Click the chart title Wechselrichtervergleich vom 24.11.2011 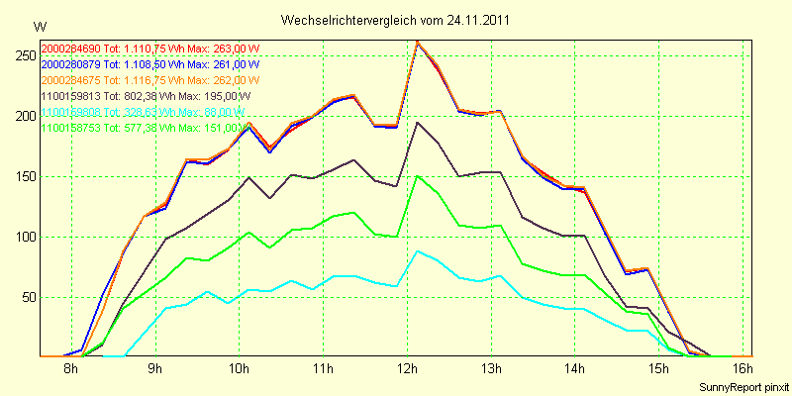pos(396,20)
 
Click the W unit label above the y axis pos(39,26)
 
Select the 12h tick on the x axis pos(407,368)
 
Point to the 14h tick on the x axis pos(574,368)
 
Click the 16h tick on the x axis pos(742,368)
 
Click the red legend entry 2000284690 pos(70,49)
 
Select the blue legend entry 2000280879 pos(70,64)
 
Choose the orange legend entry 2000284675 pos(70,80)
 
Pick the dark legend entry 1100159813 pos(70,96)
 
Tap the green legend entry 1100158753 pos(70,128)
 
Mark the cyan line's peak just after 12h pos(418,251)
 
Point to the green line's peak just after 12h pos(418,176)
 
